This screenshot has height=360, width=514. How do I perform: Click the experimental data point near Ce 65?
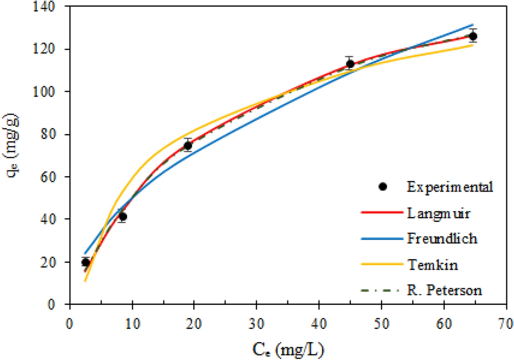(472, 36)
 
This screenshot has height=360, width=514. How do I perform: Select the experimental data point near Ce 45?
(350, 64)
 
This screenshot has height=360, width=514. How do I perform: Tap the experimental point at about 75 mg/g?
(188, 145)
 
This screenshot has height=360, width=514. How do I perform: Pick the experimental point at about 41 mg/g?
(122, 217)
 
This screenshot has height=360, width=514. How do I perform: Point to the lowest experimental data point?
(86, 262)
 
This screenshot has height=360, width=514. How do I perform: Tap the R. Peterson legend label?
(445, 290)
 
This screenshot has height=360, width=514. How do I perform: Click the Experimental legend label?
(450, 186)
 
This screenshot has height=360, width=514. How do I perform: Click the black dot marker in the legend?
(382, 186)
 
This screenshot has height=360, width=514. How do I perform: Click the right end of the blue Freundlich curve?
(472, 24)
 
